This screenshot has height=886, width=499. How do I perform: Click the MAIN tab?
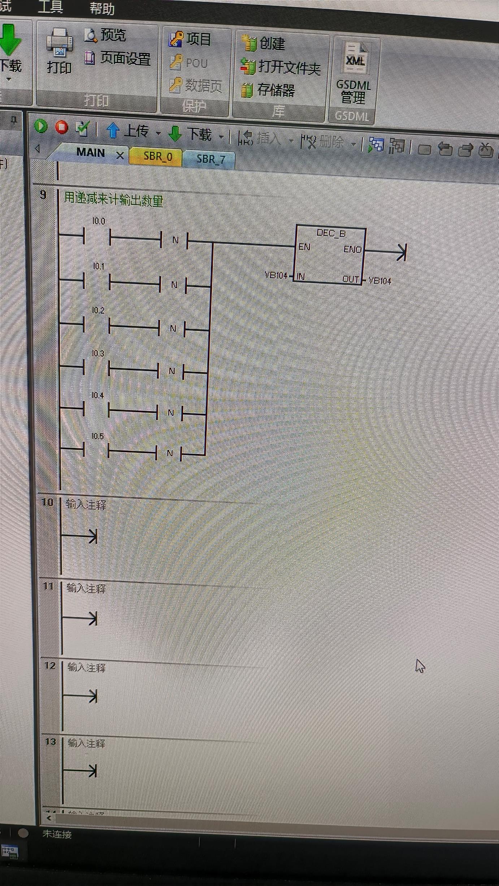pyautogui.click(x=91, y=153)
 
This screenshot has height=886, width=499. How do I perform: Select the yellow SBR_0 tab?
pyautogui.click(x=158, y=156)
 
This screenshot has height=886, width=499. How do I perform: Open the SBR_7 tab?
pyautogui.click(x=211, y=159)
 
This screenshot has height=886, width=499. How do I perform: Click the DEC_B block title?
pyautogui.click(x=331, y=234)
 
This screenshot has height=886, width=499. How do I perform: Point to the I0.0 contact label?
pyautogui.click(x=99, y=221)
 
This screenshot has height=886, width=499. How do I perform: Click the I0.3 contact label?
pyautogui.click(x=98, y=353)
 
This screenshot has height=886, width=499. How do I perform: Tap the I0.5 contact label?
pyautogui.click(x=97, y=436)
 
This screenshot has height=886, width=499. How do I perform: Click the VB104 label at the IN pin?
pyautogui.click(x=276, y=276)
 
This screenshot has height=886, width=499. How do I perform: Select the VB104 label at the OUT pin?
pyautogui.click(x=380, y=281)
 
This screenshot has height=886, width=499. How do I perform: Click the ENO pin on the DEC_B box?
pyautogui.click(x=352, y=249)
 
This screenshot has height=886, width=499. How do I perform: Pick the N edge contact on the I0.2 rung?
pyautogui.click(x=173, y=329)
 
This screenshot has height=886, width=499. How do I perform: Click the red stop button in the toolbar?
pyautogui.click(x=62, y=127)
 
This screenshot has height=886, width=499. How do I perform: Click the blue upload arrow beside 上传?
pyautogui.click(x=113, y=130)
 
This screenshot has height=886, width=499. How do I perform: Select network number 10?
pyautogui.click(x=48, y=502)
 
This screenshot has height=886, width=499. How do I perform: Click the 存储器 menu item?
pyautogui.click(x=276, y=90)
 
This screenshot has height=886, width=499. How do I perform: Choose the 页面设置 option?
pyautogui.click(x=125, y=58)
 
